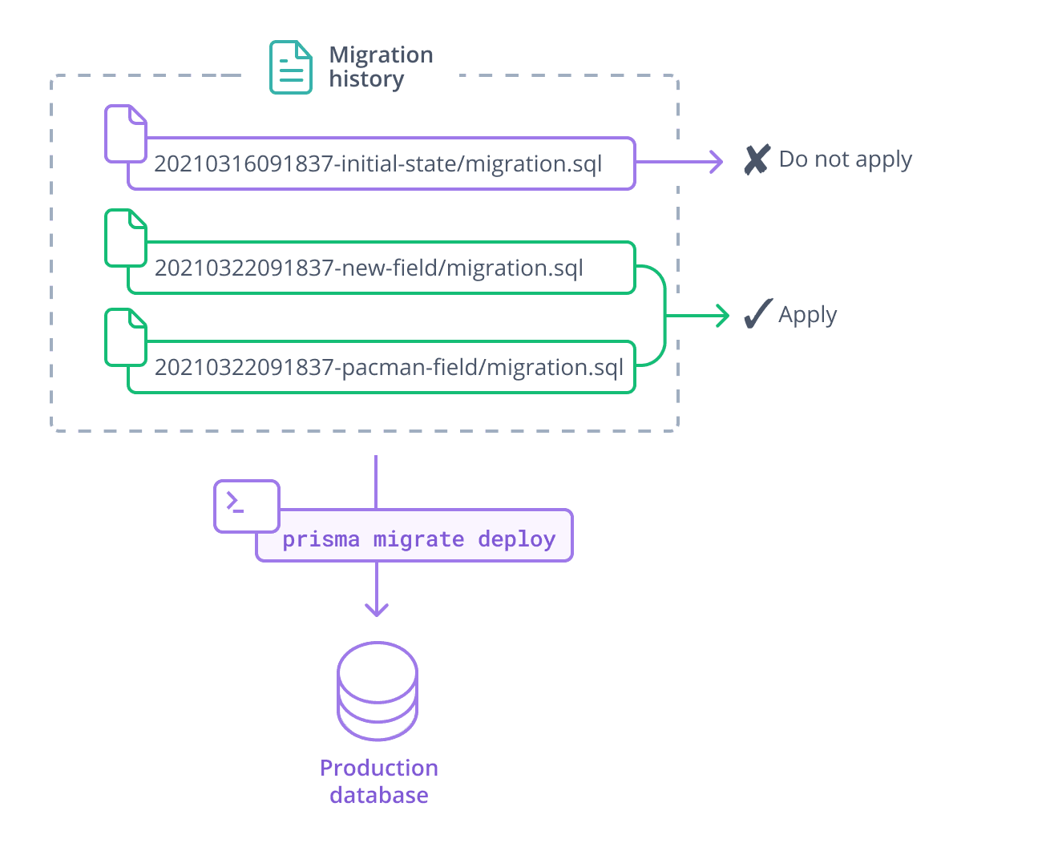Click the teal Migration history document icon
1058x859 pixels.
(x=290, y=67)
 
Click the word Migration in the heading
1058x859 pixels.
(x=381, y=55)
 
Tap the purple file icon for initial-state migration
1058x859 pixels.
(x=126, y=134)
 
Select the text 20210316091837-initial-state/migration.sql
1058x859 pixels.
(x=378, y=164)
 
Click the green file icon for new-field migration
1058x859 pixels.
(x=126, y=238)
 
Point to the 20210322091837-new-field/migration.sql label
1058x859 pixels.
(x=369, y=268)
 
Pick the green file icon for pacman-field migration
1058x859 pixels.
(x=126, y=337)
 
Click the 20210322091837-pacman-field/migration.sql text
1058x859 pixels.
(x=389, y=368)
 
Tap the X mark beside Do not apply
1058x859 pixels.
(x=757, y=159)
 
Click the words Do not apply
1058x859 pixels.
(x=845, y=159)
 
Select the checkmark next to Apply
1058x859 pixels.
(x=757, y=314)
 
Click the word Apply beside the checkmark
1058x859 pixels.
(x=807, y=315)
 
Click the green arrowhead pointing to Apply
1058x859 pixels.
(x=724, y=316)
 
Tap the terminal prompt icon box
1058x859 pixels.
(x=246, y=506)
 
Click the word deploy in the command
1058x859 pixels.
(x=516, y=539)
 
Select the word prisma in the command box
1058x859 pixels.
(x=321, y=539)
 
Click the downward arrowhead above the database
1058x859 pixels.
(x=377, y=610)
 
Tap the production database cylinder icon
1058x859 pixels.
(x=378, y=691)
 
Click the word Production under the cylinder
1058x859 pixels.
(x=379, y=768)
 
